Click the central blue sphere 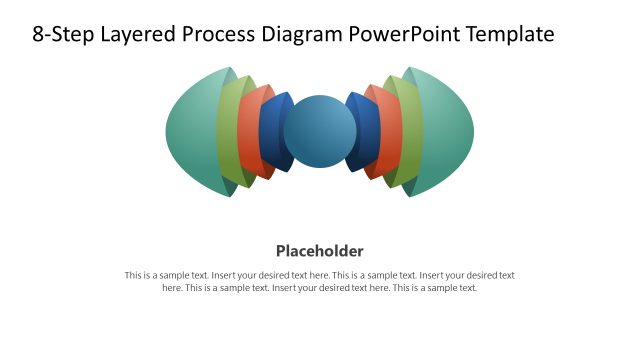pyautogui.click(x=320, y=131)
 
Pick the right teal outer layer pyautogui.click(x=446, y=131)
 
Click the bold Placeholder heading pyautogui.click(x=320, y=250)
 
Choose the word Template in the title pyautogui.click(x=507, y=35)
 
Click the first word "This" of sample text pyautogui.click(x=134, y=275)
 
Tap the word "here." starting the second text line pyautogui.click(x=173, y=288)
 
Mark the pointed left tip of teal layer pyautogui.click(x=167, y=131)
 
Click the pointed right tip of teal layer pyautogui.click(x=473, y=131)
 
